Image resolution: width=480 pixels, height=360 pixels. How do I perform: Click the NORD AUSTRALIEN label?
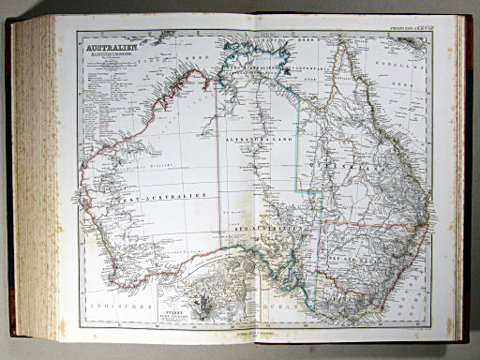259,69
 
